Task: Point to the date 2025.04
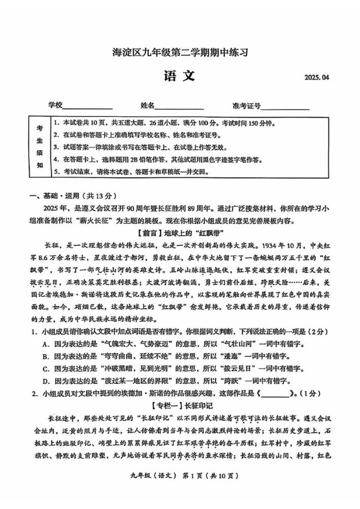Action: tap(316, 78)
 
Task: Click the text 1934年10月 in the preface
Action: tap(279, 245)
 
